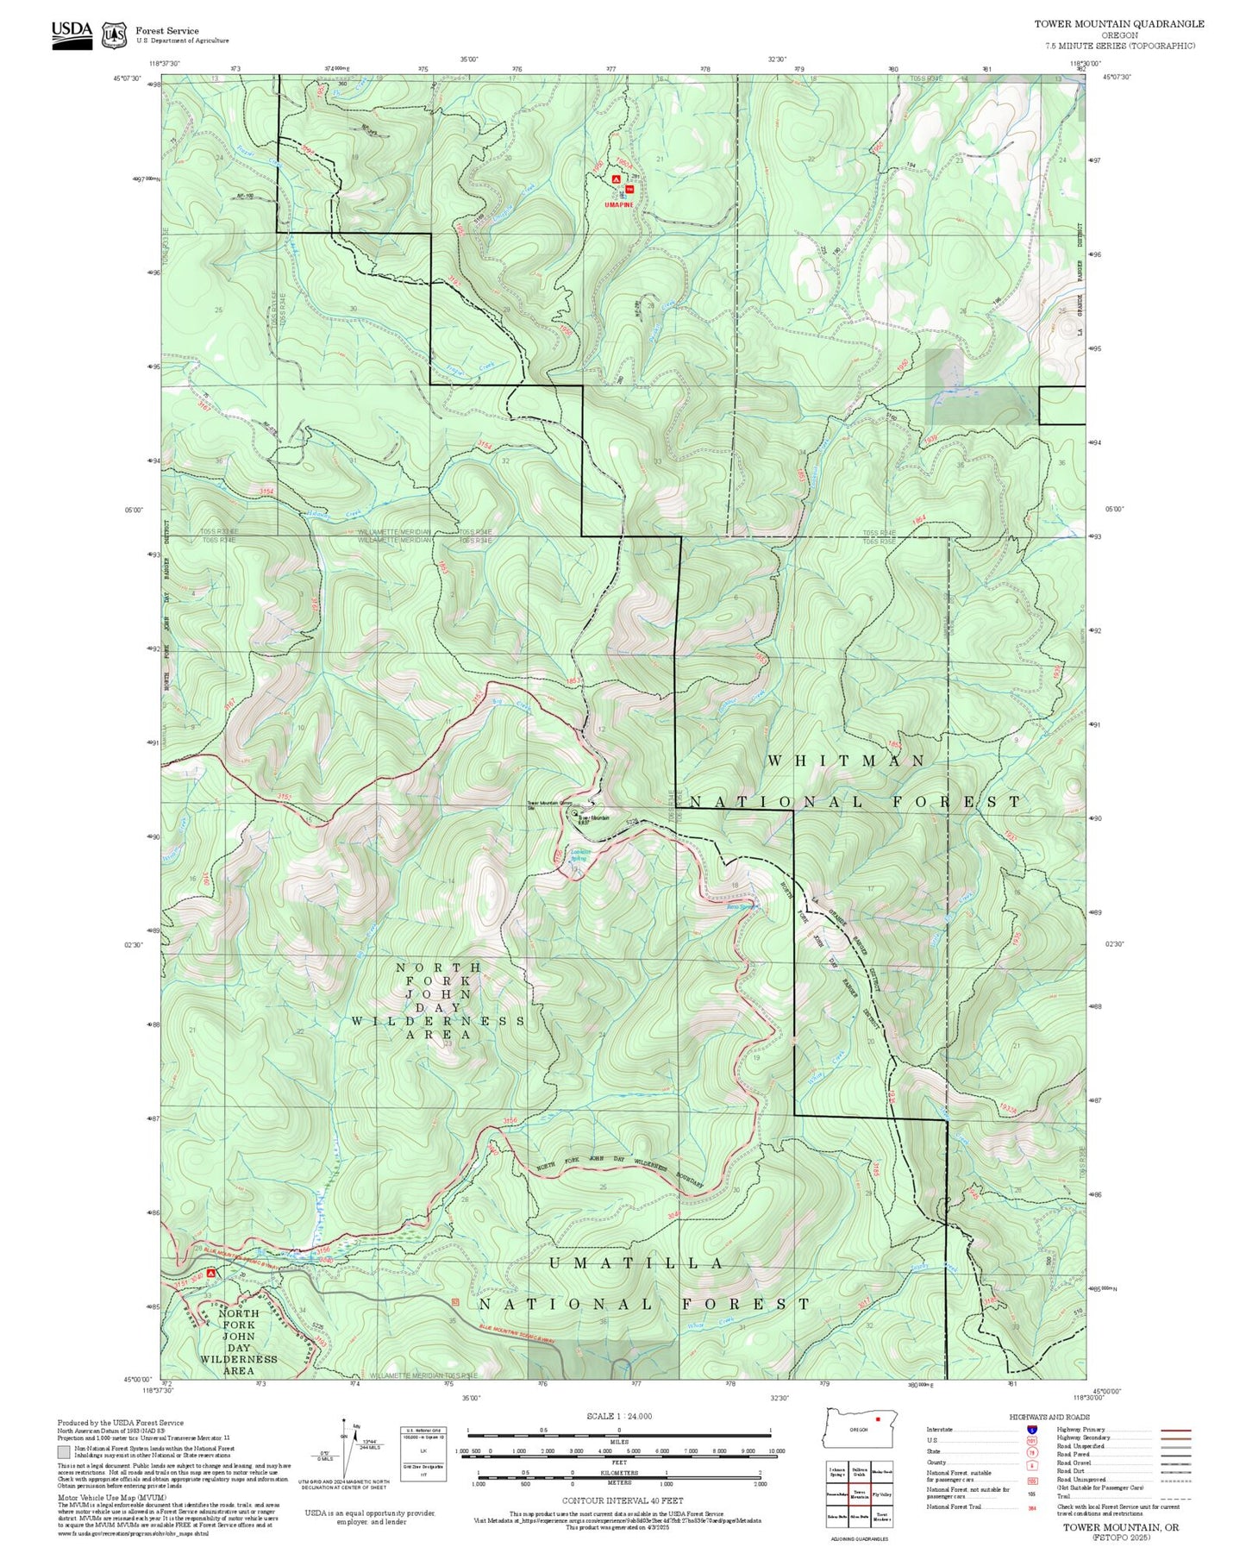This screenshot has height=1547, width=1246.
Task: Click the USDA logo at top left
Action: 72,34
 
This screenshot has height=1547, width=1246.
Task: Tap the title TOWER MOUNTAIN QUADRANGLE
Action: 1118,23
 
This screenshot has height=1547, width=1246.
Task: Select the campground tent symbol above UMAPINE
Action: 615,179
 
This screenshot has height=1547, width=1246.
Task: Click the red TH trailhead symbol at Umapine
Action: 629,189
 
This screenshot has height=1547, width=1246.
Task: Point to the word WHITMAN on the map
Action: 846,761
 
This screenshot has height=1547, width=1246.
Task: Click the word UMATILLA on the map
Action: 636,1263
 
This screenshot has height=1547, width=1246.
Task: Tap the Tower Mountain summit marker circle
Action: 575,812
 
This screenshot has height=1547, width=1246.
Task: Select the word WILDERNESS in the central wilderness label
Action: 438,1021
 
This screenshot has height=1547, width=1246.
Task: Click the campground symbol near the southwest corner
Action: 210,1273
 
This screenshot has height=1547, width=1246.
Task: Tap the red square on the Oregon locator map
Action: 877,1418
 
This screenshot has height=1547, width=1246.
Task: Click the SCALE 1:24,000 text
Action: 618,1416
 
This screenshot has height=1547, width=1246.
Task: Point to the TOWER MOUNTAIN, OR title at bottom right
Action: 1120,1527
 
